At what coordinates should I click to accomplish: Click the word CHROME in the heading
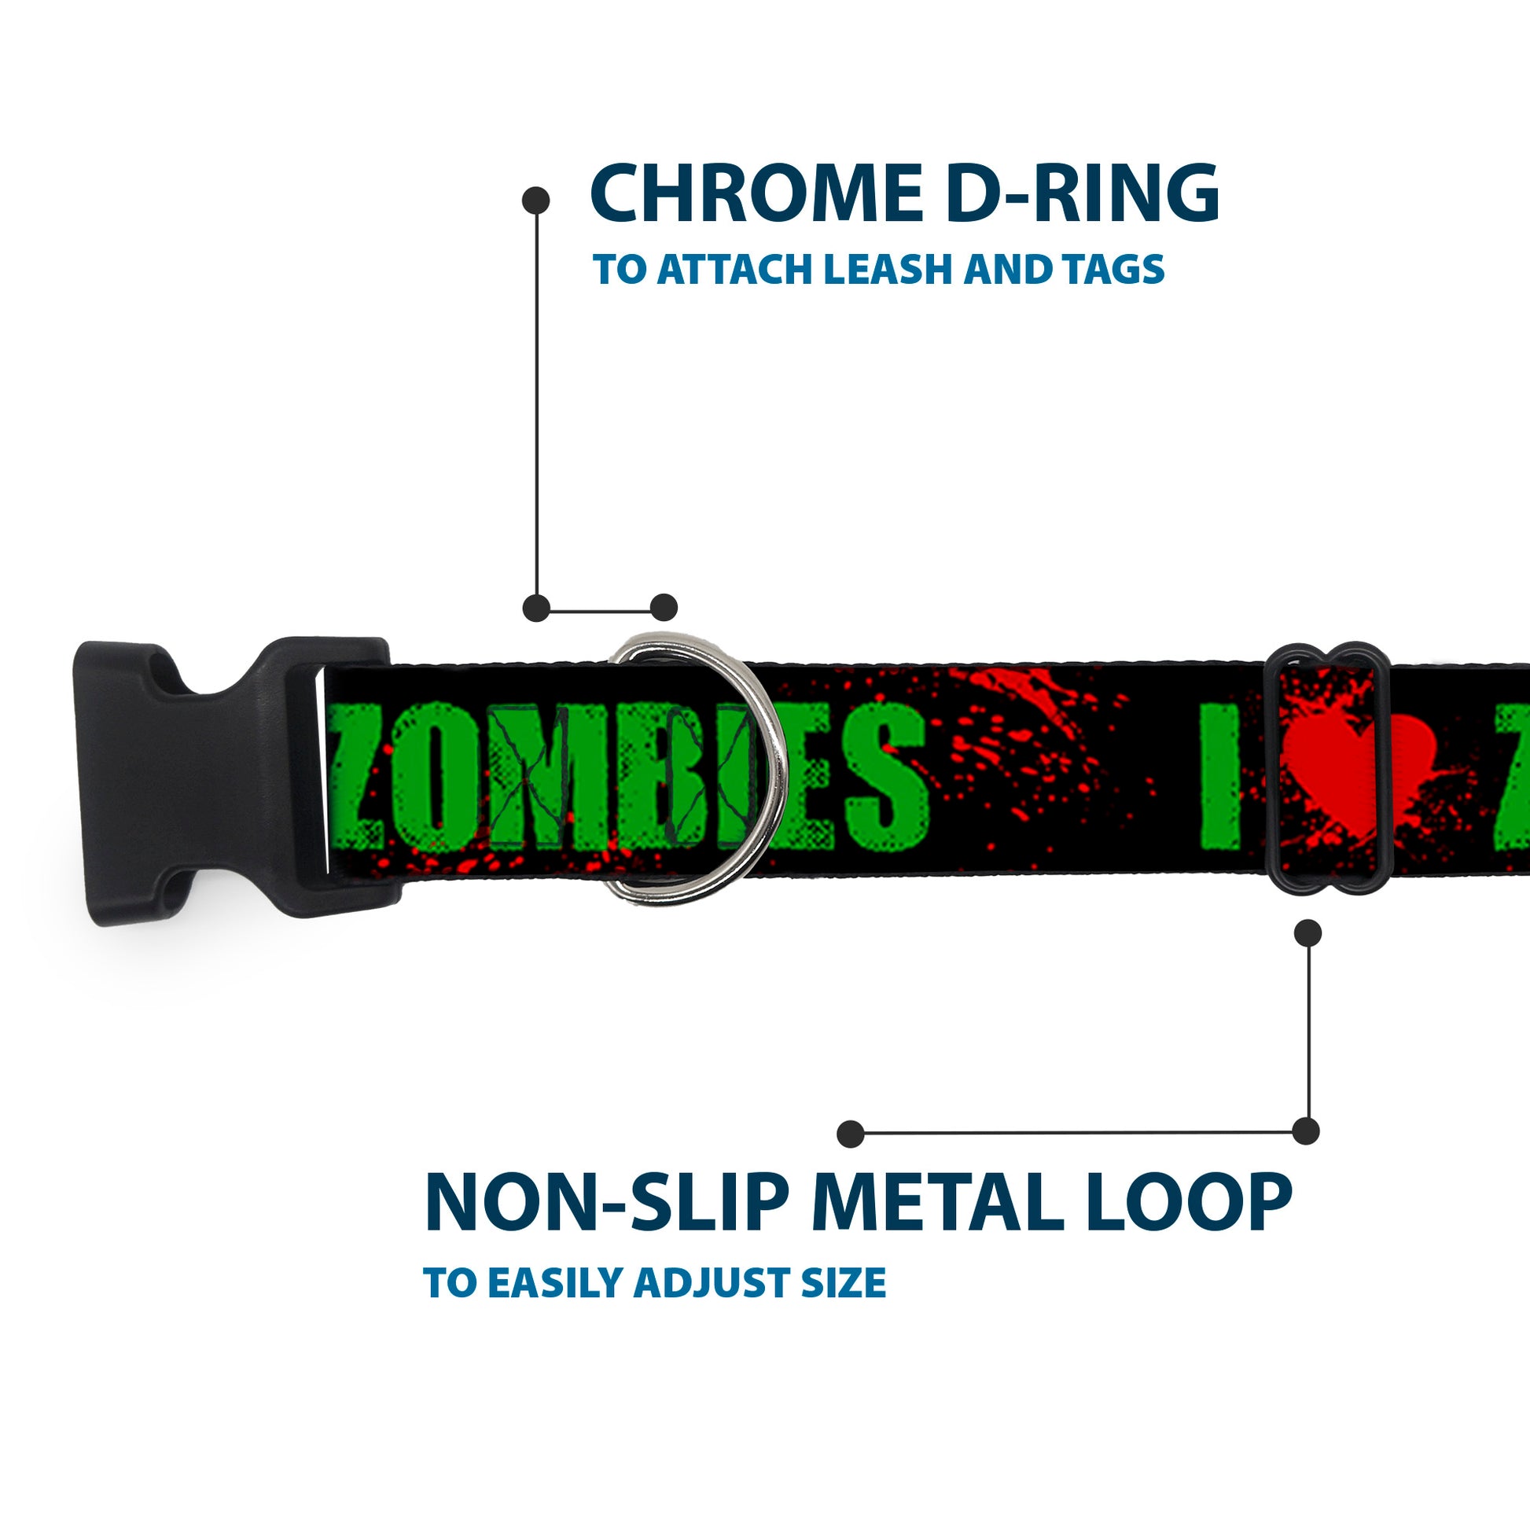tap(756, 193)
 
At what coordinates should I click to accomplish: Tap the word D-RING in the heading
tap(1082, 193)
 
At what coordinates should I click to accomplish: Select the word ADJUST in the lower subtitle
tap(714, 1283)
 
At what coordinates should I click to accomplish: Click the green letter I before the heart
tap(1219, 776)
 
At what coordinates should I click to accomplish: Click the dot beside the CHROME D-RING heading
tap(536, 200)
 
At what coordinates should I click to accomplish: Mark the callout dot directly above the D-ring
tap(664, 608)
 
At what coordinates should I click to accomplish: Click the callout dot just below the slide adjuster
tap(1307, 932)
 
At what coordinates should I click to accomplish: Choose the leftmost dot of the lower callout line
tap(850, 1133)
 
